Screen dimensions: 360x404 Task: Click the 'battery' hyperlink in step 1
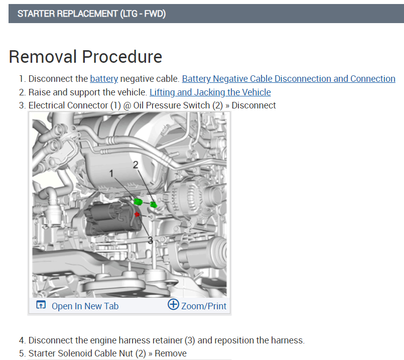coord(104,79)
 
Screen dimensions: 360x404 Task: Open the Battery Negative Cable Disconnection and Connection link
coord(289,79)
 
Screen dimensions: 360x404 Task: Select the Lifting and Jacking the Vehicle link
coord(210,92)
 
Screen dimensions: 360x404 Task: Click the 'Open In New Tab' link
coord(85,306)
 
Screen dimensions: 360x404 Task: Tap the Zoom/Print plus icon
coord(173,305)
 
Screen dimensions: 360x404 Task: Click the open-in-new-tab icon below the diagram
coord(41,305)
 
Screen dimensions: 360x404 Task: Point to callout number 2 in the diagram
coord(135,164)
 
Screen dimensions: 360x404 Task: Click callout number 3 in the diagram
coord(150,240)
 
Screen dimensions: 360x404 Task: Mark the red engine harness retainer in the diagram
coord(138,214)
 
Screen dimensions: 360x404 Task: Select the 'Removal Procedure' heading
coord(85,57)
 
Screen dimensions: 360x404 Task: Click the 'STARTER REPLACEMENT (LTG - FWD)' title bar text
coord(91,14)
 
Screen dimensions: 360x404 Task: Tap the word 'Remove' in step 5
coord(171,353)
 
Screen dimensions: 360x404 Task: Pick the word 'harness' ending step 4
coord(288,340)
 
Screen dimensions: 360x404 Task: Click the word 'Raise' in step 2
coord(40,92)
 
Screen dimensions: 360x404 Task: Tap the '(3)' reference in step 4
coord(189,340)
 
